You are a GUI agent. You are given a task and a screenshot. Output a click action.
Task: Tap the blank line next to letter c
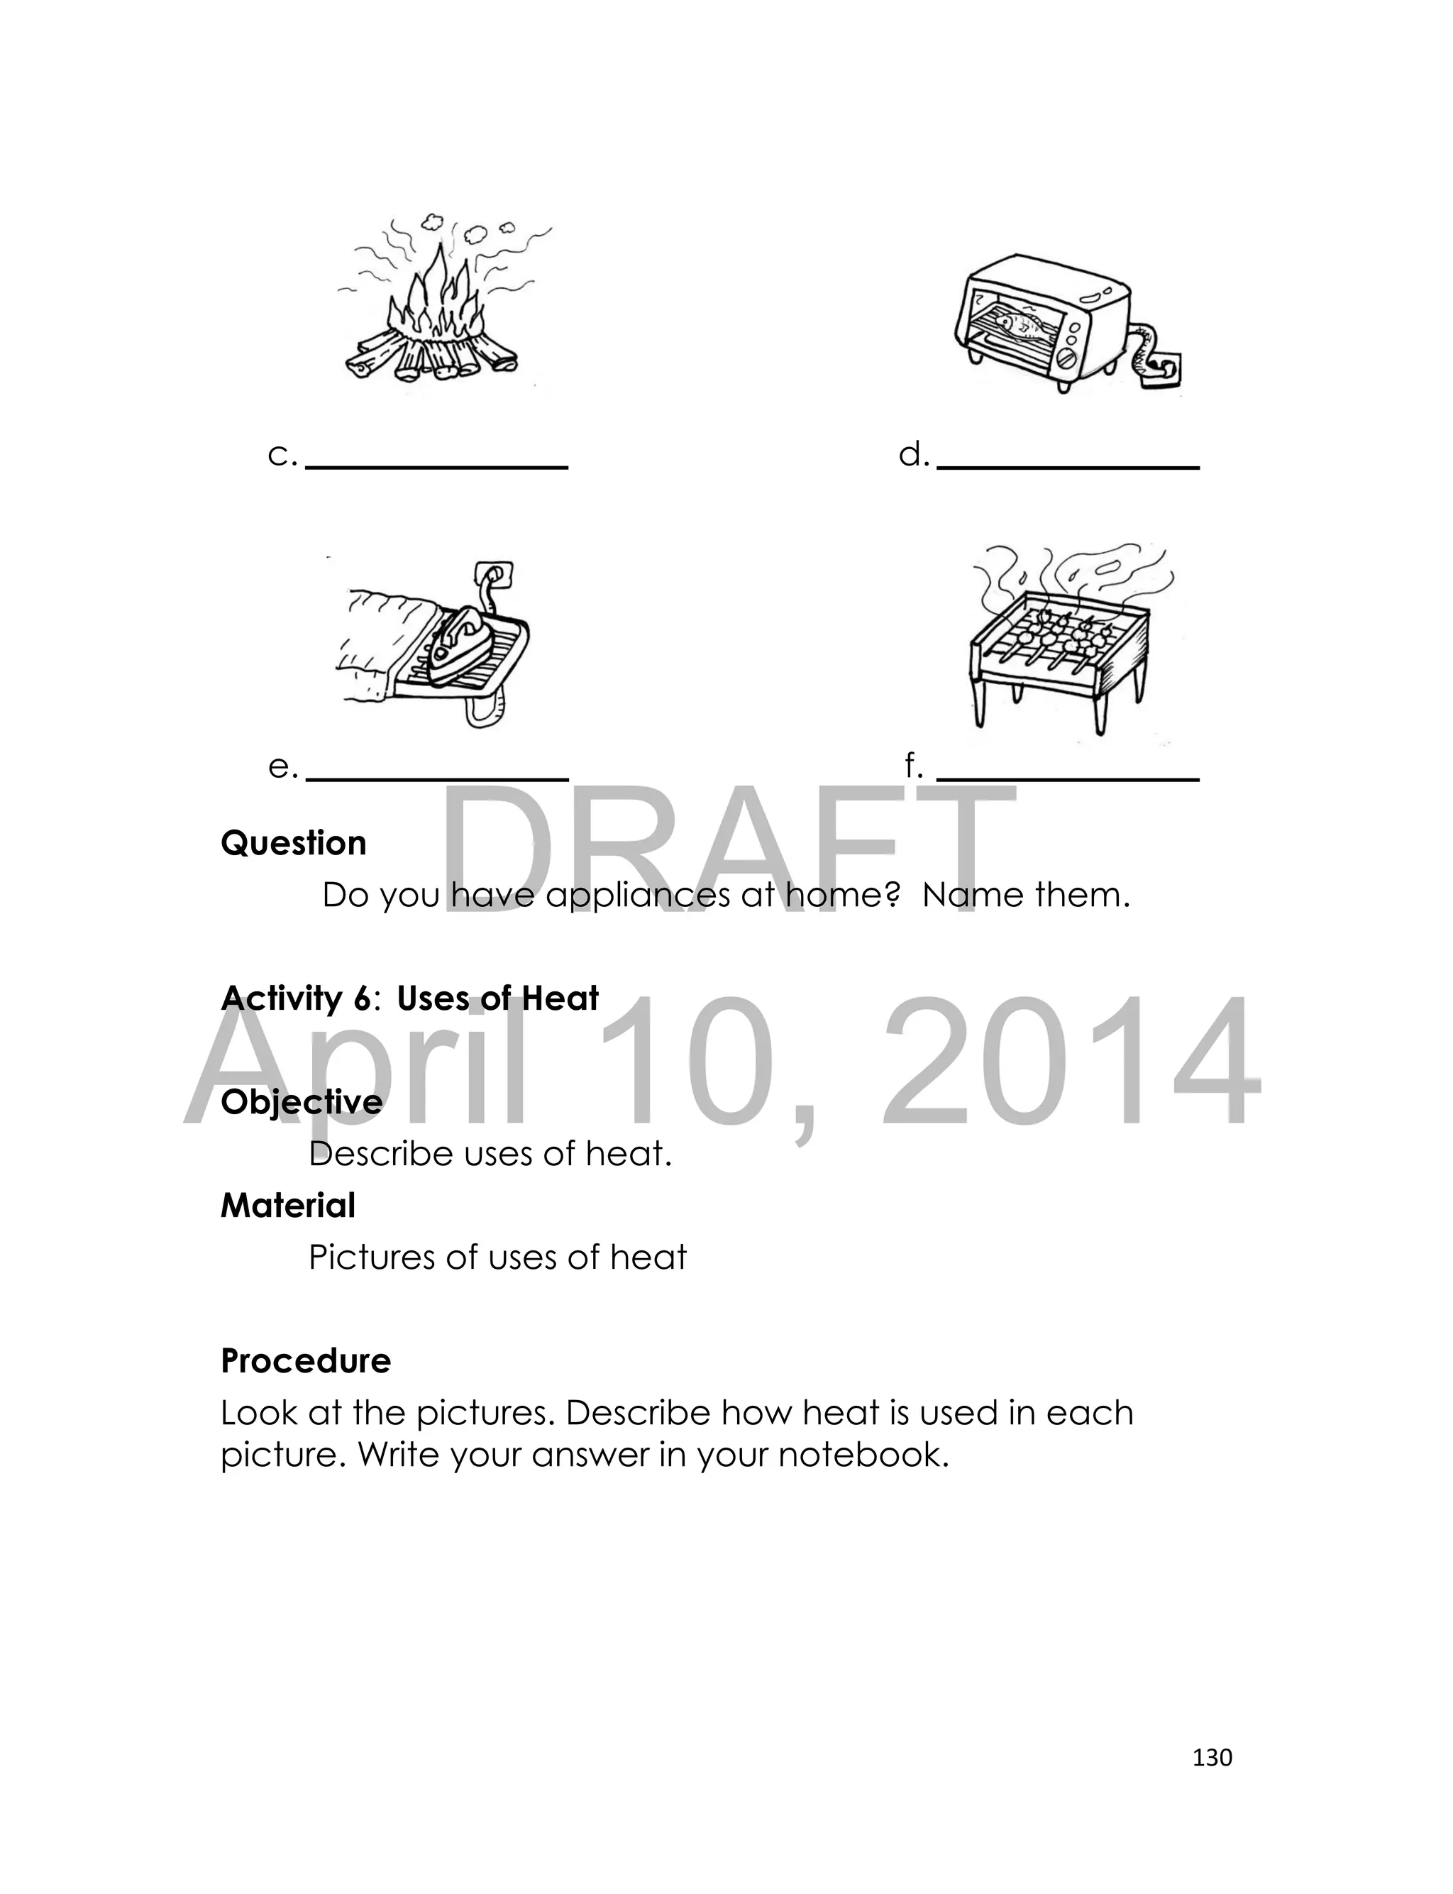point(437,466)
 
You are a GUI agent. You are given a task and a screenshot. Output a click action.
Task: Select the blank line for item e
point(437,778)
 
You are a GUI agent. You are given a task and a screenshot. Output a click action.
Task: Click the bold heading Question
point(293,843)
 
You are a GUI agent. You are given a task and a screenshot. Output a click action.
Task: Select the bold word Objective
point(301,1103)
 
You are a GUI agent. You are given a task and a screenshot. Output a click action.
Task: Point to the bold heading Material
point(288,1206)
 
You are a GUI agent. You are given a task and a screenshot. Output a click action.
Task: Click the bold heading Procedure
point(305,1361)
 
